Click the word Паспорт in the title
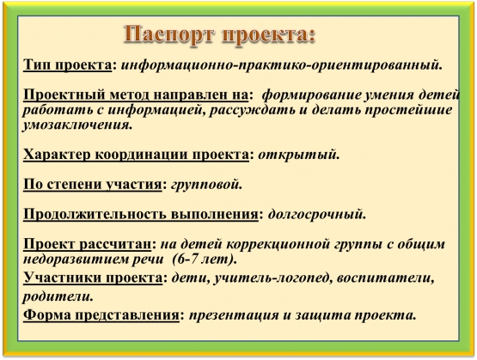(170, 35)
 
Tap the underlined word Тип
(36, 64)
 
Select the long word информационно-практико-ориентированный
(281, 65)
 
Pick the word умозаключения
(77, 125)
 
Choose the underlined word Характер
(56, 155)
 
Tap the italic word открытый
(298, 155)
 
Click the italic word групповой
(206, 185)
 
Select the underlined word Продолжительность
(95, 214)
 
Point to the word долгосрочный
(316, 214)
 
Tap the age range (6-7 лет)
(205, 259)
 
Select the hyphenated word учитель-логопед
(272, 278)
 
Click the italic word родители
(58, 296)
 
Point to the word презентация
(234, 315)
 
